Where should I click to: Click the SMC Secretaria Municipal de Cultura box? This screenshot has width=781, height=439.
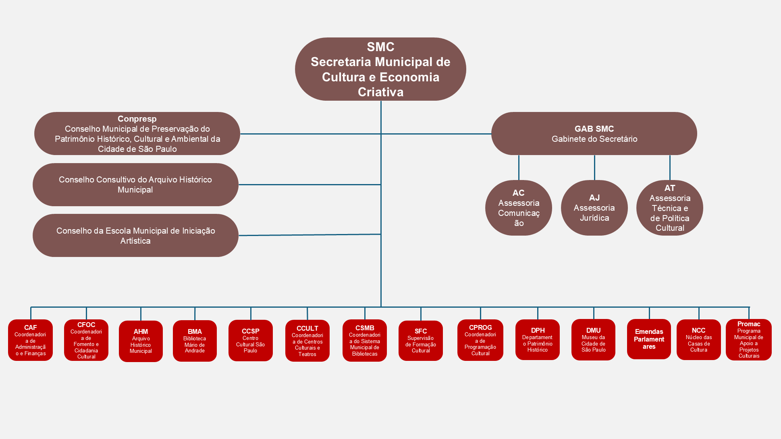(380, 69)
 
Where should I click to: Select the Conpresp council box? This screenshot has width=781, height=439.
(137, 134)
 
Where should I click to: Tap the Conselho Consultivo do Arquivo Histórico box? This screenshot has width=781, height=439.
(135, 184)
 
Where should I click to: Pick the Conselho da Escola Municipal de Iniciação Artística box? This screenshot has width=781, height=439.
(135, 236)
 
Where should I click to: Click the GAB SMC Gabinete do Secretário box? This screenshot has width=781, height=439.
(594, 134)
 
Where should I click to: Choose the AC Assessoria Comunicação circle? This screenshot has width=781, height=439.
(519, 208)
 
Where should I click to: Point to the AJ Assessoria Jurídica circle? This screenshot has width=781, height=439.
(594, 208)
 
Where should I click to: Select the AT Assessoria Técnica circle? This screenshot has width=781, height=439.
(669, 208)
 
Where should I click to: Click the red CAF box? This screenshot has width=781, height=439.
(31, 340)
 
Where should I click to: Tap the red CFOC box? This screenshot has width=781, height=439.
(86, 340)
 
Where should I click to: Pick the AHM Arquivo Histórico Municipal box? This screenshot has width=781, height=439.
(141, 341)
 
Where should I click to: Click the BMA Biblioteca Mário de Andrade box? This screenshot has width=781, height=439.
(195, 341)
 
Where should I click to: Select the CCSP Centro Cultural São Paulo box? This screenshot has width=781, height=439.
(250, 341)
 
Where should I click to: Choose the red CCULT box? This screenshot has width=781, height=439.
(307, 341)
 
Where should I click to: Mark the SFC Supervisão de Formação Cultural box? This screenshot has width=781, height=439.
(421, 341)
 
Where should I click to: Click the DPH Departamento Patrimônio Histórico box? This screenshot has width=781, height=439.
(538, 340)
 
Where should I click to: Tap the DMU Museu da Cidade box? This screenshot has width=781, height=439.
(593, 340)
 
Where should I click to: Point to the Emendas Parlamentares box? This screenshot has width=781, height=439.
(649, 339)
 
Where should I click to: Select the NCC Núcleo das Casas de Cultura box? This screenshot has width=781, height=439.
(698, 340)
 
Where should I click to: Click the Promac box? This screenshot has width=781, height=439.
(749, 340)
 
